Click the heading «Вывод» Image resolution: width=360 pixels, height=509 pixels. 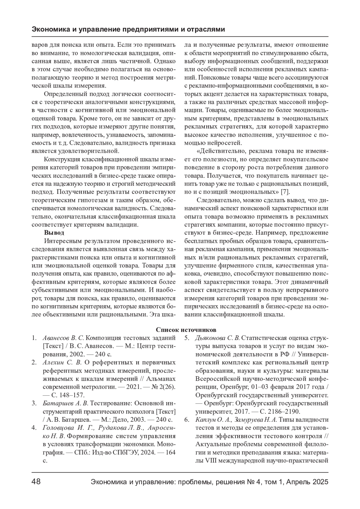point(54,232)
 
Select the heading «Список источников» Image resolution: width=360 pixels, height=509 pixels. point(186,330)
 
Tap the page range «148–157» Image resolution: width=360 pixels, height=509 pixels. point(70,395)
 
